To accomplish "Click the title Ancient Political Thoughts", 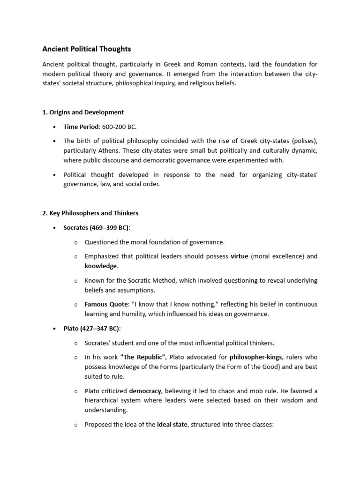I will [87, 49].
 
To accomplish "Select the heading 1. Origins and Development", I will [83, 112].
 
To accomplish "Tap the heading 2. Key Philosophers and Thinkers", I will [90, 213].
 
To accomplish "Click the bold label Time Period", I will [81, 127].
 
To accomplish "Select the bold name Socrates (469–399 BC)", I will [97, 228].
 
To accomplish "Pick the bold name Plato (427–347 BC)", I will [92, 329].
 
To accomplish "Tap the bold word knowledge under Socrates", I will [100, 266].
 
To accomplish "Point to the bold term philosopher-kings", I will [256, 358].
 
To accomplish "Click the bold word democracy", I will [145, 391].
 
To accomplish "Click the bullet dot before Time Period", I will [55, 127].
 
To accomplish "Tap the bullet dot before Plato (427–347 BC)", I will [55, 329].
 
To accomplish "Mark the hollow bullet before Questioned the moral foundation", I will [76, 242].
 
